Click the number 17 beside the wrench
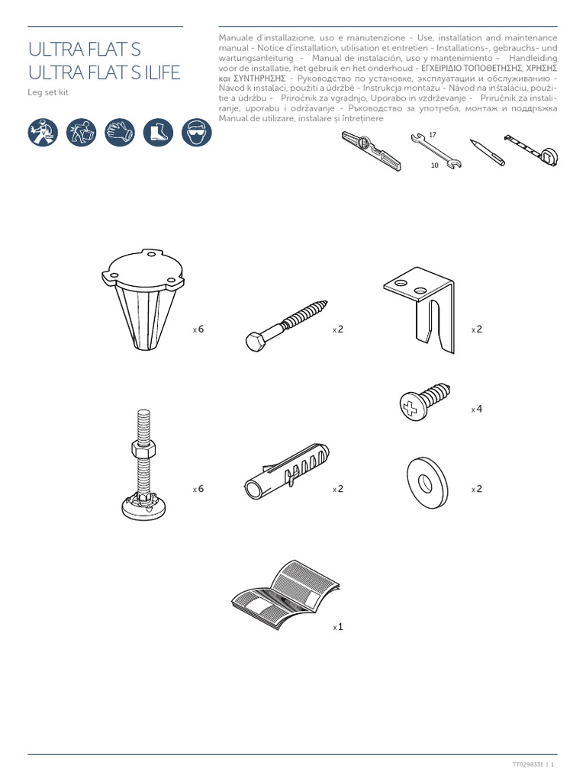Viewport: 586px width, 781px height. [x=432, y=135]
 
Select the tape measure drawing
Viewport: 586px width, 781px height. [x=530, y=149]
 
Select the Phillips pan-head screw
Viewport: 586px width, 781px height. [x=425, y=400]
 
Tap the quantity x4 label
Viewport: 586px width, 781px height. [x=477, y=410]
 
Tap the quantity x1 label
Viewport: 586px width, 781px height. [x=338, y=627]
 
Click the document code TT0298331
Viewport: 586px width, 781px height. [x=527, y=764]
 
